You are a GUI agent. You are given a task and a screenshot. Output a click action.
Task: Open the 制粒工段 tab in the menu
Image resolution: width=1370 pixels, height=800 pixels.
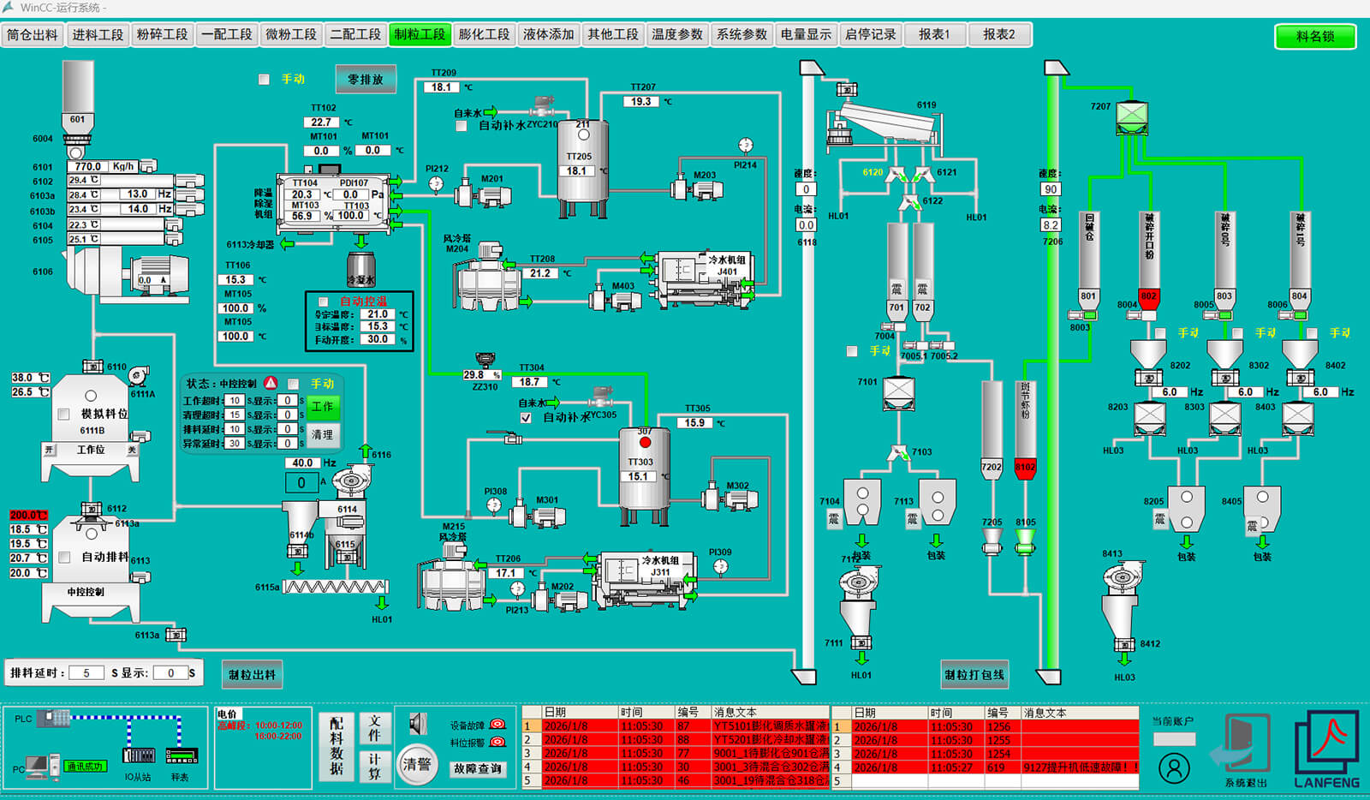(x=420, y=34)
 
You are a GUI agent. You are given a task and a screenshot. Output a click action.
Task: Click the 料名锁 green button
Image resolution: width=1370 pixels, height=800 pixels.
(x=1315, y=36)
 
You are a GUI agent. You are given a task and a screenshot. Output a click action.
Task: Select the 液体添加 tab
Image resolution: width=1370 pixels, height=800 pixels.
(x=549, y=34)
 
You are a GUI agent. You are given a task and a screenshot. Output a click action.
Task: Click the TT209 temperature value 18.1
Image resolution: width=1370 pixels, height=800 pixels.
(x=442, y=87)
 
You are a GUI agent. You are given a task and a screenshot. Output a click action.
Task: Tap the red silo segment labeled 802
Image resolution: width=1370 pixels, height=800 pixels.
(x=1148, y=297)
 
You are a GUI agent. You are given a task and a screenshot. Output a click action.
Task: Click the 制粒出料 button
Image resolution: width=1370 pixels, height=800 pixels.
(x=252, y=674)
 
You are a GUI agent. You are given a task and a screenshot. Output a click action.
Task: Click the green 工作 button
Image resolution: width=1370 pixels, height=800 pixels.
(x=323, y=407)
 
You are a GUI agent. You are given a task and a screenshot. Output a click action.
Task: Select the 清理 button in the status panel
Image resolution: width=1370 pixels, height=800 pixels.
(x=323, y=435)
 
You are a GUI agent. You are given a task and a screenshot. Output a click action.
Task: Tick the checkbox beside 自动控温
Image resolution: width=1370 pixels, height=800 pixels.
(x=324, y=301)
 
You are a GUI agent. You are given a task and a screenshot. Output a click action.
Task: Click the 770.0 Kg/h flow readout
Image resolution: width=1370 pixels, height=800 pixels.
(x=88, y=166)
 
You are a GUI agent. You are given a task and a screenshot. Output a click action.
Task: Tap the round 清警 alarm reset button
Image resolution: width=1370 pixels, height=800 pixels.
(x=417, y=763)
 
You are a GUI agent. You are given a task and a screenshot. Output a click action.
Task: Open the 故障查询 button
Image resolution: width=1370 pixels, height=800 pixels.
(x=479, y=768)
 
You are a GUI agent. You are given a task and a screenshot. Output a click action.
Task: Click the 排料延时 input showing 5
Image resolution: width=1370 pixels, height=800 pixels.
(x=86, y=673)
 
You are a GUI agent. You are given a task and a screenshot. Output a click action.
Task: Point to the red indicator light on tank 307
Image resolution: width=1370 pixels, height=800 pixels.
(x=645, y=442)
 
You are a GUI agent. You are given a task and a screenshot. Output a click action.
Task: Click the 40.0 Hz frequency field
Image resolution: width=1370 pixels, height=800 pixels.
(x=302, y=463)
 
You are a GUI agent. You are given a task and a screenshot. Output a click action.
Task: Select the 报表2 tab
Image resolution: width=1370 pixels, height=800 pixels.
(x=999, y=34)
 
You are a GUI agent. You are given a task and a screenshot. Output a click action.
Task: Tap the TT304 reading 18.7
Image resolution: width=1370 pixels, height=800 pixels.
(x=530, y=382)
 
